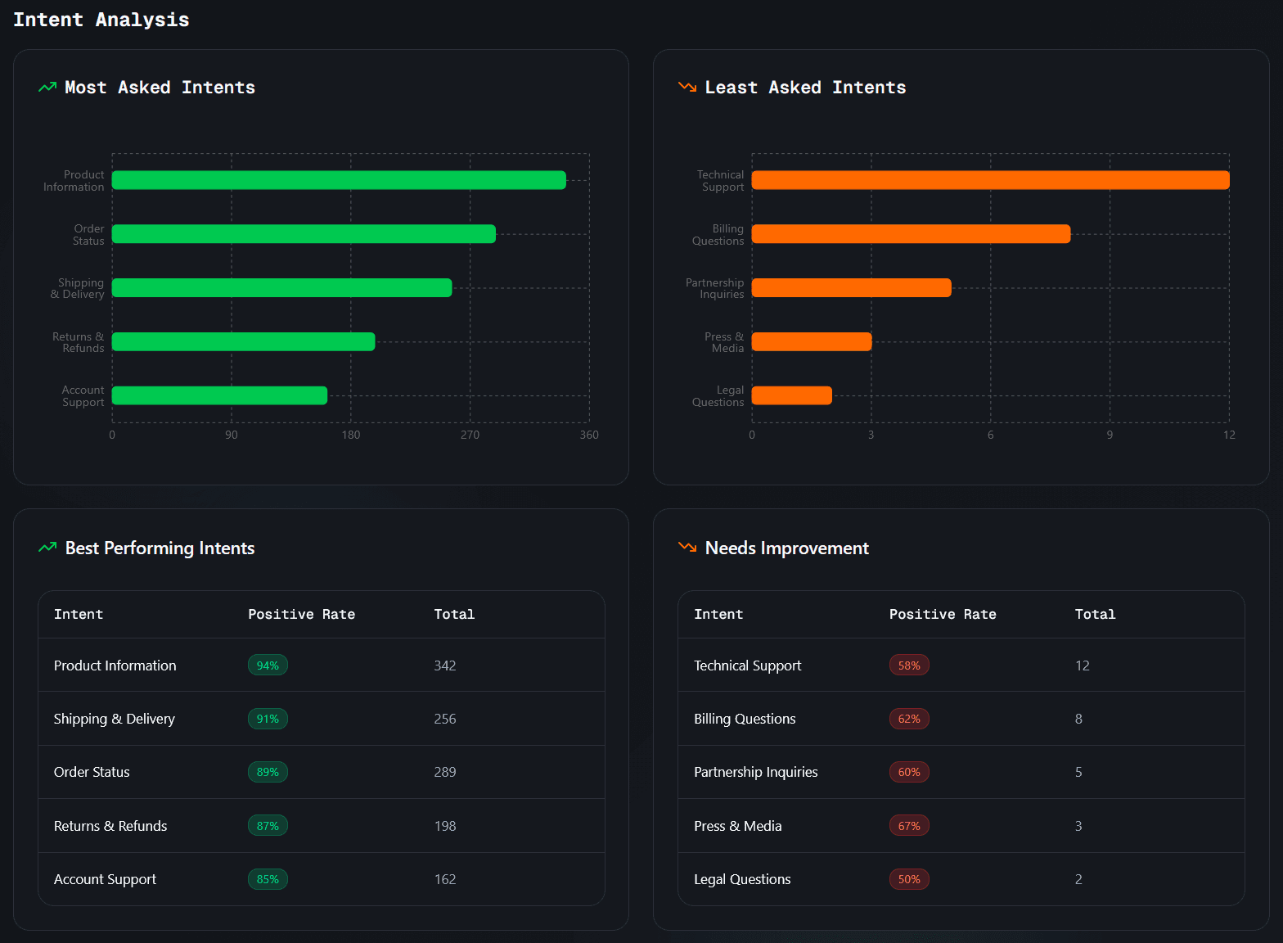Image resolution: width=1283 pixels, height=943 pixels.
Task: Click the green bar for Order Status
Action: pos(304,234)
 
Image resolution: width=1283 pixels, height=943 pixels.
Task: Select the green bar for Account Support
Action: pos(219,395)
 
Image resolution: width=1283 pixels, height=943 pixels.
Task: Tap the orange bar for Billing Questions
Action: pos(911,234)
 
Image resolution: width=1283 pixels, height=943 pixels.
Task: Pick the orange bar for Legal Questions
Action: pos(791,395)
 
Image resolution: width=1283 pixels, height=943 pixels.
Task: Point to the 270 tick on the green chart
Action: pos(470,435)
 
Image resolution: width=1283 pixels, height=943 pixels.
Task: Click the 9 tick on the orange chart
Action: pos(1110,435)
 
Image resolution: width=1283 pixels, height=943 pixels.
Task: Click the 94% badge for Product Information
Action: pos(268,666)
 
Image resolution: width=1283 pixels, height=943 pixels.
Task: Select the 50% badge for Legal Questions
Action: pos(908,879)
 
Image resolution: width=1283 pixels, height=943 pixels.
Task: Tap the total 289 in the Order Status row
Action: pos(445,772)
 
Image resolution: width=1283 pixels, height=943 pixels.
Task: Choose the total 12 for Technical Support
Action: pos(1082,666)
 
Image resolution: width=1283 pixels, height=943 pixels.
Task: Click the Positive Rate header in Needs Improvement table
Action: pos(942,614)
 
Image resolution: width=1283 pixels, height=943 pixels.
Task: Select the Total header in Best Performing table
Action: pos(454,614)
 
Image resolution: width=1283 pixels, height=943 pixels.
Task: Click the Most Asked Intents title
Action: pos(160,88)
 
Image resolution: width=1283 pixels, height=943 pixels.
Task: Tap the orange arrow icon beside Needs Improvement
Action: pos(687,547)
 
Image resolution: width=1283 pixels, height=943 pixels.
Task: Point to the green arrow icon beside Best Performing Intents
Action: pos(47,547)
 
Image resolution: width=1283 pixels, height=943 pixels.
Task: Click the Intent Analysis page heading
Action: pos(101,20)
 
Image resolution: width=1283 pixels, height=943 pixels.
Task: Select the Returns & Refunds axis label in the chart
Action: pos(79,342)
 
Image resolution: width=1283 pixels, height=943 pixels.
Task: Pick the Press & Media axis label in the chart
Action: pos(724,342)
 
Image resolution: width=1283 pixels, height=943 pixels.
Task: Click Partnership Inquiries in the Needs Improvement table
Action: pos(755,772)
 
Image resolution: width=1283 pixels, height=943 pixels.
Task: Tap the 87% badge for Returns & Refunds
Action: pos(268,826)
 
